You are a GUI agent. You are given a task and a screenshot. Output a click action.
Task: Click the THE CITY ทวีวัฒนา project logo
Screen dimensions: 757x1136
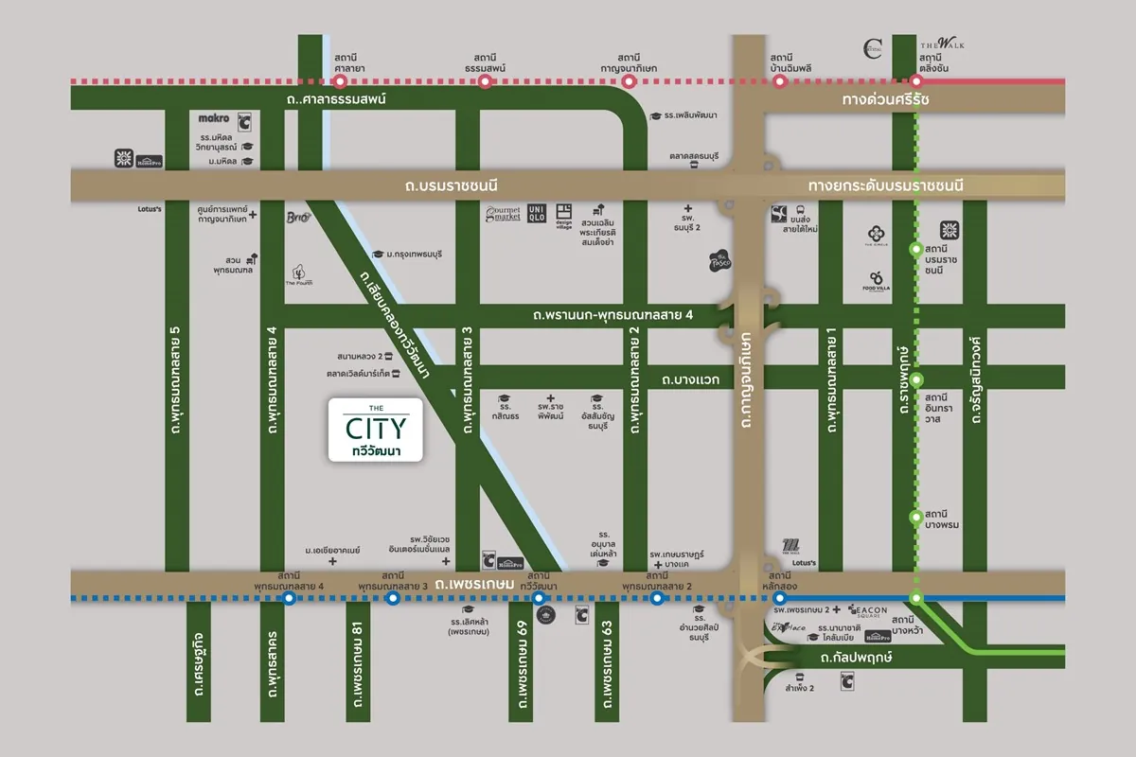point(375,431)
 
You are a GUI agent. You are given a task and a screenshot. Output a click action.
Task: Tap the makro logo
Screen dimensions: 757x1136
point(214,119)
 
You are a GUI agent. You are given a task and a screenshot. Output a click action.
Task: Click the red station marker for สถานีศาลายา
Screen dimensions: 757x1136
point(339,82)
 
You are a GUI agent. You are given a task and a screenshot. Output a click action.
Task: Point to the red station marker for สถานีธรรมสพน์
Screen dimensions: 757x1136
point(486,82)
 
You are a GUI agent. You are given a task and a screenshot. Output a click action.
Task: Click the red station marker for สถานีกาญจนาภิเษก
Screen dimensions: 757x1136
point(630,82)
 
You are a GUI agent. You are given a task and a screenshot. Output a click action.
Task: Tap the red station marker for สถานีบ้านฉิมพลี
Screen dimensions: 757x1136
point(780,82)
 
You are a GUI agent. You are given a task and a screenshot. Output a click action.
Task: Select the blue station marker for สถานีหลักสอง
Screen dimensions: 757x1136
point(779,598)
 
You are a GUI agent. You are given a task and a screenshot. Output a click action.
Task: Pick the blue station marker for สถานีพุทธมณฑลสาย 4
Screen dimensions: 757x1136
point(289,598)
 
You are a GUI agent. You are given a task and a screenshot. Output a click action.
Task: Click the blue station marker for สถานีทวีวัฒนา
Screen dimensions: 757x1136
point(539,598)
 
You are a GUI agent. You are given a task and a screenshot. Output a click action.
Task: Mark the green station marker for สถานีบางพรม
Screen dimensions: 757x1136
point(915,517)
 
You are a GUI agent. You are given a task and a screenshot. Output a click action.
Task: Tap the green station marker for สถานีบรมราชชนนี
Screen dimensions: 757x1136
point(915,250)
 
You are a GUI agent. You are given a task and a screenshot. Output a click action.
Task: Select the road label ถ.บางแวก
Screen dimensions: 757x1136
point(691,379)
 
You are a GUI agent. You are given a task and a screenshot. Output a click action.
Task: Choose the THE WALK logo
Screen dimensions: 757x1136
point(942,44)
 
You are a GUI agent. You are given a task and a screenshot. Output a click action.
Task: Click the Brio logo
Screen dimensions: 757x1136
point(298,218)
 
